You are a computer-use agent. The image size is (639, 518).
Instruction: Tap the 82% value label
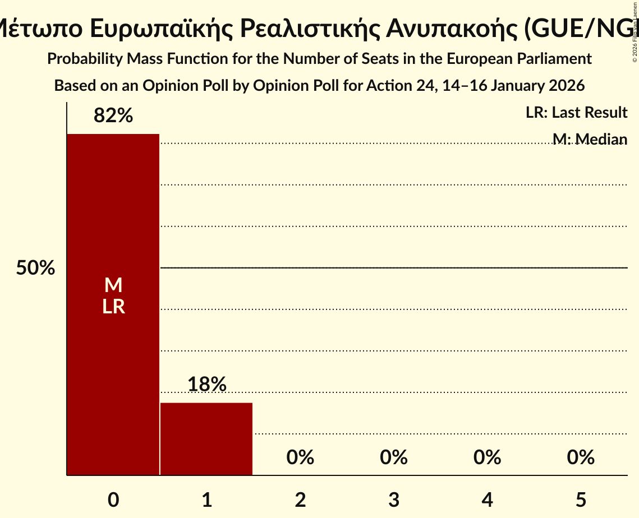pos(113,116)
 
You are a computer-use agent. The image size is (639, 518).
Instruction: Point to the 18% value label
pos(206,385)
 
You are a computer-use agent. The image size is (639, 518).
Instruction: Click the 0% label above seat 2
pos(300,457)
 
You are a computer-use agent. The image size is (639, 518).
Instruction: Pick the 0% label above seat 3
pos(393,457)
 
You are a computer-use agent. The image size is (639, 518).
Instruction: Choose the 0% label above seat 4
pos(487,457)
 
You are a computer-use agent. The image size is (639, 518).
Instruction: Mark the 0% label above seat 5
pos(580,457)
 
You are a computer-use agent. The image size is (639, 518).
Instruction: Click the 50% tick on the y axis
pos(35,268)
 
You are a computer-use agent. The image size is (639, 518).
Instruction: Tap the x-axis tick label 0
pos(113,499)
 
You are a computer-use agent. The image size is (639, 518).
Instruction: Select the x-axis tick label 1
pos(206,499)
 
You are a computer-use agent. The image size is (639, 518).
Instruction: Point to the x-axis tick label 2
pos(300,499)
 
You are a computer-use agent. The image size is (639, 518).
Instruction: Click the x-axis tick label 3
pos(393,499)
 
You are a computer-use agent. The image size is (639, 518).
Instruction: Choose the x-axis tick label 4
pos(487,499)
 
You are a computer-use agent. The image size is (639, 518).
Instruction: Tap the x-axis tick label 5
pos(580,499)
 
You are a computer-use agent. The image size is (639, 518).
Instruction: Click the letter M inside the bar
pos(113,285)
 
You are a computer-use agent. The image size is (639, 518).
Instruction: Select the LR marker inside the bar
pos(113,307)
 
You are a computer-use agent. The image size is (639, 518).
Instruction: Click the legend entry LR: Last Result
pos(576,113)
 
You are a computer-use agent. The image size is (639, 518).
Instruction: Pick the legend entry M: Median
pos(590,139)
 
